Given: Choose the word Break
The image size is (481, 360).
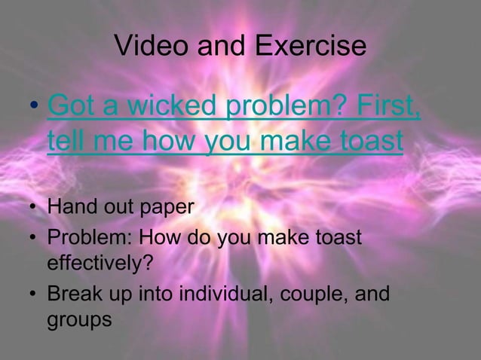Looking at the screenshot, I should click(x=72, y=294).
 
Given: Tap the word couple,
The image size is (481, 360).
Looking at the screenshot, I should click(x=314, y=294).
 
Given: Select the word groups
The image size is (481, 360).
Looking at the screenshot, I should click(x=79, y=319).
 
